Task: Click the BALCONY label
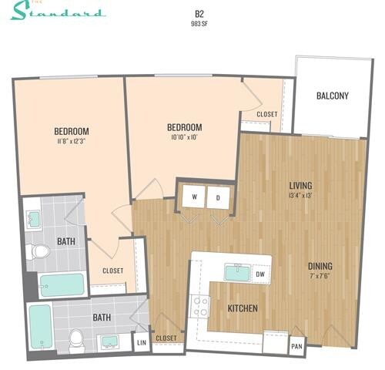pyautogui.click(x=333, y=96)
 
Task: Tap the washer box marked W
pyautogui.click(x=195, y=197)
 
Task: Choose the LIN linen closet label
pyautogui.click(x=141, y=341)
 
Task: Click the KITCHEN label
pyautogui.click(x=242, y=309)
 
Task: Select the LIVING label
pyautogui.click(x=300, y=185)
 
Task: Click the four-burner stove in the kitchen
pyautogui.click(x=201, y=307)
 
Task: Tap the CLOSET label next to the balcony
pyautogui.click(x=266, y=115)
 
